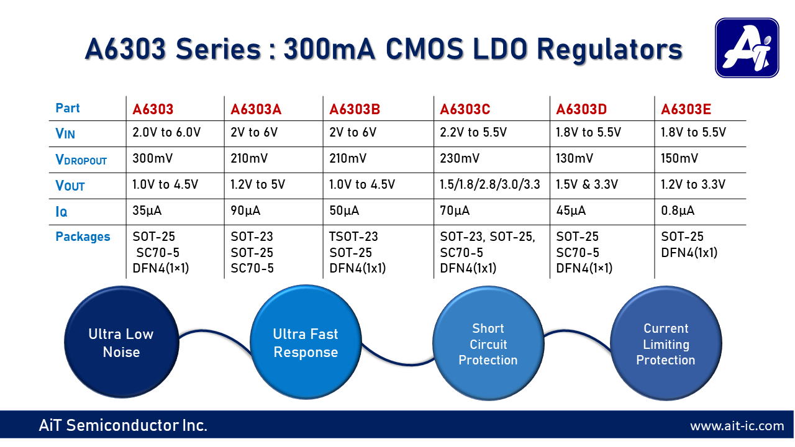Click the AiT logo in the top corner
(x=746, y=48)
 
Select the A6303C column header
(x=465, y=110)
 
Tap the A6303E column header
(x=686, y=110)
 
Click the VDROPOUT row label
(x=81, y=160)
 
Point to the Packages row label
(x=83, y=237)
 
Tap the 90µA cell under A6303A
(x=245, y=211)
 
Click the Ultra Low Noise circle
(x=120, y=343)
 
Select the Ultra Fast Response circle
(x=306, y=343)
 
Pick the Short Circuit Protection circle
(x=488, y=344)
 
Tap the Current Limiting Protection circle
(x=665, y=344)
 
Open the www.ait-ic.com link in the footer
(x=737, y=426)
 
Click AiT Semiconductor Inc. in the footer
(x=123, y=425)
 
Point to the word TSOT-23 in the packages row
(x=353, y=237)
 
